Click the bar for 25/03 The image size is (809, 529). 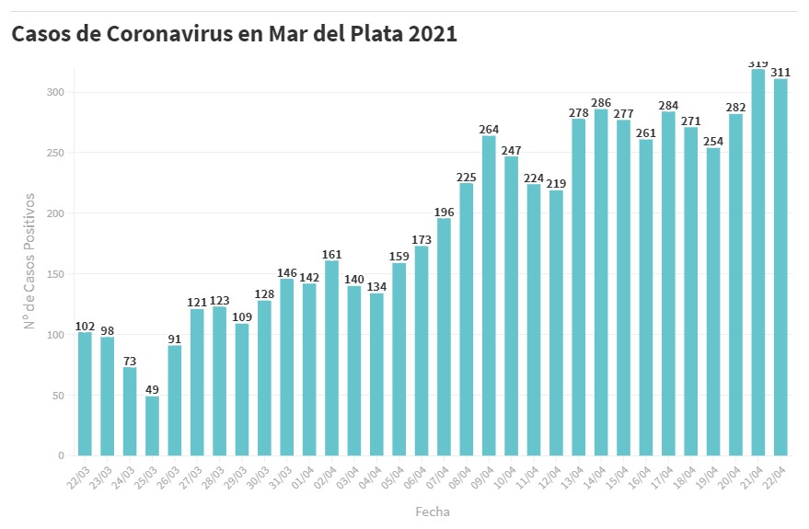(152, 426)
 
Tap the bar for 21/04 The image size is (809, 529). (758, 262)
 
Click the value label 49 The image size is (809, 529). (152, 389)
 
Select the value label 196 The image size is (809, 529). (444, 212)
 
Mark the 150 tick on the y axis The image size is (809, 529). (56, 274)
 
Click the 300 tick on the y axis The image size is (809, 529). (56, 92)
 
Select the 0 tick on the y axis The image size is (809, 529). (62, 455)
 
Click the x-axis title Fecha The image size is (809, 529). (432, 511)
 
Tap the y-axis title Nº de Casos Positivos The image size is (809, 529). (29, 260)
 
